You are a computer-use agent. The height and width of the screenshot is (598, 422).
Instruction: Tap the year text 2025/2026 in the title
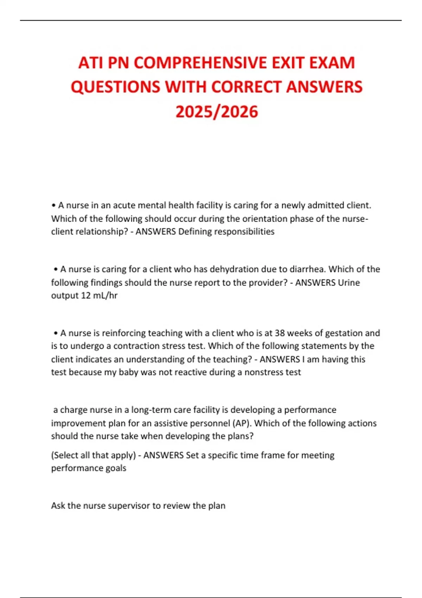[x=217, y=112]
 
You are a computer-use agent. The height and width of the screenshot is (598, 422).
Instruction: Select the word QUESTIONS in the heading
[x=115, y=87]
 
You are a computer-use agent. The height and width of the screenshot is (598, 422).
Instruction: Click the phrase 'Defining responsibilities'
[x=226, y=232]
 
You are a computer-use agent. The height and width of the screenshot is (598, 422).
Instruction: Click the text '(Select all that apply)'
[x=93, y=456]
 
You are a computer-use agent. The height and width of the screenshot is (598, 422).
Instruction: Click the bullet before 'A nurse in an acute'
[x=54, y=205]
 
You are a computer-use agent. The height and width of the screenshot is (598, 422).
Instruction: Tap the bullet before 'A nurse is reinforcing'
[x=56, y=333]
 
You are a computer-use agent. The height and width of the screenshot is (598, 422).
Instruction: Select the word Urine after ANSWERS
[x=349, y=283]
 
